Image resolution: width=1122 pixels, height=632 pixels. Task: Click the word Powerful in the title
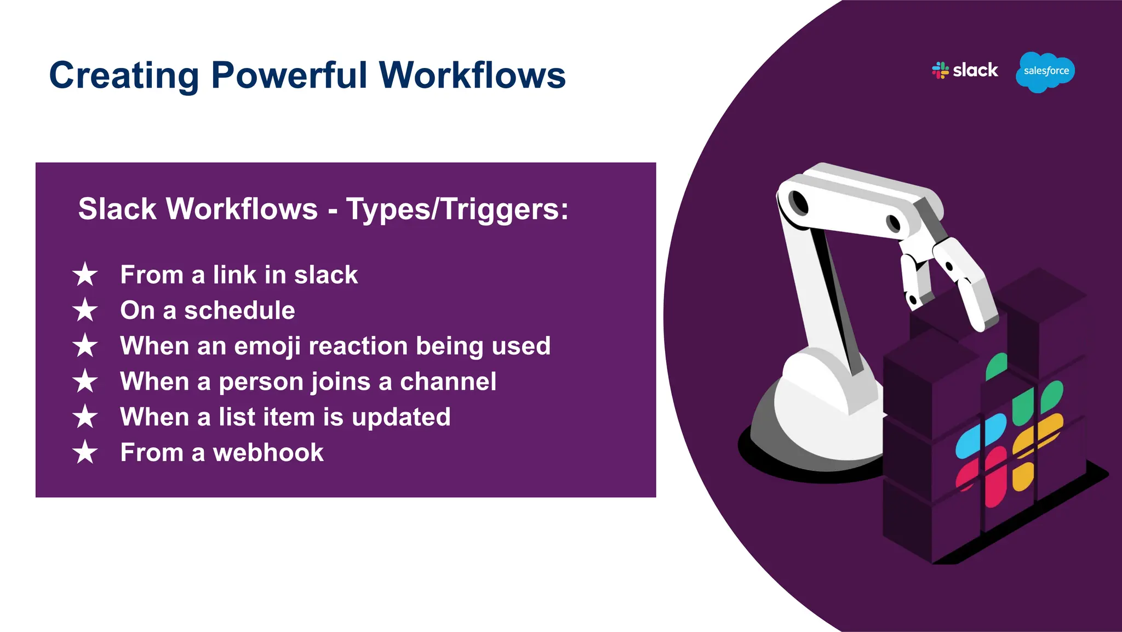point(289,75)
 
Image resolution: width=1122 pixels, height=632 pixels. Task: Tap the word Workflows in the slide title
point(472,75)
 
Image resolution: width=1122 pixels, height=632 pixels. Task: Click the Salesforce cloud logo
point(1045,71)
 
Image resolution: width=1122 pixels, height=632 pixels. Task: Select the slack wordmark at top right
point(975,70)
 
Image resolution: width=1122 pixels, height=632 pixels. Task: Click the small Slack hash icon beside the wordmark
point(941,70)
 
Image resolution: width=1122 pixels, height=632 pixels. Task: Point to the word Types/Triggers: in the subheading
point(457,209)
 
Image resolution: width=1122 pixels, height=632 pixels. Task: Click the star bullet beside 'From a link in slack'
point(85,274)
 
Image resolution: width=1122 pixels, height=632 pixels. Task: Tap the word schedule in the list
point(239,310)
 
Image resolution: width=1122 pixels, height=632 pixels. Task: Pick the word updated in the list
point(401,417)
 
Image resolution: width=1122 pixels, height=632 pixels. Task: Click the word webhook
point(268,453)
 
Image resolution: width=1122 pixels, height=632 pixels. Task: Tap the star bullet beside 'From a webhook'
point(85,453)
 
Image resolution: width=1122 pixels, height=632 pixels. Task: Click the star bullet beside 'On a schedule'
point(85,310)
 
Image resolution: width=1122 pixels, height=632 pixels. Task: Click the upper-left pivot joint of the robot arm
point(799,203)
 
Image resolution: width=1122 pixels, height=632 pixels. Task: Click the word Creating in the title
point(124,75)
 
